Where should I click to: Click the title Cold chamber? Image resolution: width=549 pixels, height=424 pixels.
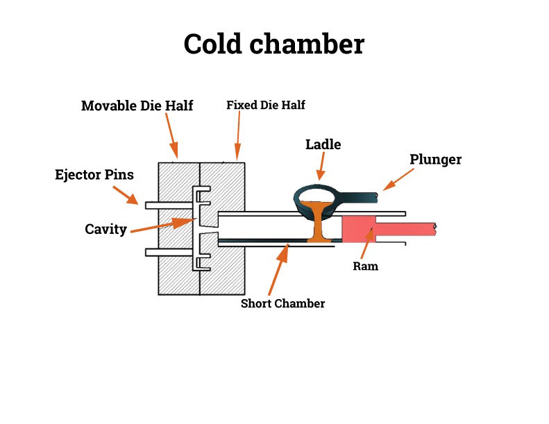point(273,44)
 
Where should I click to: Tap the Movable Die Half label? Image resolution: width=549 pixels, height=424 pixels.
point(137,105)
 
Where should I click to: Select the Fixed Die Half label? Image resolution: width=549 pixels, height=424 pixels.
point(266,105)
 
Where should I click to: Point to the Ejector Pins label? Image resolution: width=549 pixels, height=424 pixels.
point(94,174)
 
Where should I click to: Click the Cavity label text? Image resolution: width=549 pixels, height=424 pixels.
point(105,229)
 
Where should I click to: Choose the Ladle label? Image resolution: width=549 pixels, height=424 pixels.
point(323,144)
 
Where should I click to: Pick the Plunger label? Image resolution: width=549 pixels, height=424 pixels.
point(436,160)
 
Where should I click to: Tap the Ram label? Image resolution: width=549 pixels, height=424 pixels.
point(366,266)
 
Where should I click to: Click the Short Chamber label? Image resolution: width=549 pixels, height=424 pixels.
point(283,303)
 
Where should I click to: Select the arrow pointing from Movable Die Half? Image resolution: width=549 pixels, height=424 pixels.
point(171,136)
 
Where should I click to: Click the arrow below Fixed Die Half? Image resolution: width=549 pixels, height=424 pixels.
point(238,136)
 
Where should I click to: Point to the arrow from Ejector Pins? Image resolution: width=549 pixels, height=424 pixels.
point(126,195)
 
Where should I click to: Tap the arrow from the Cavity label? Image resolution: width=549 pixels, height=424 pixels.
point(163,225)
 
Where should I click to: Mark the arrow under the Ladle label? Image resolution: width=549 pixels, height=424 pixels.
point(321,166)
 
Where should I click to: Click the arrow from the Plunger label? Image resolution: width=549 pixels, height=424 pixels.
point(398,180)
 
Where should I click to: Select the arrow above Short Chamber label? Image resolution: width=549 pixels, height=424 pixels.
point(279,269)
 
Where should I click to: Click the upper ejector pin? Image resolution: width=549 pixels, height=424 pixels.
point(169,205)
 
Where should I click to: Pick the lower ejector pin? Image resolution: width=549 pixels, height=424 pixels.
point(169,253)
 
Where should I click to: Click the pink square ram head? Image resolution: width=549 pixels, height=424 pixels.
point(359,229)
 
